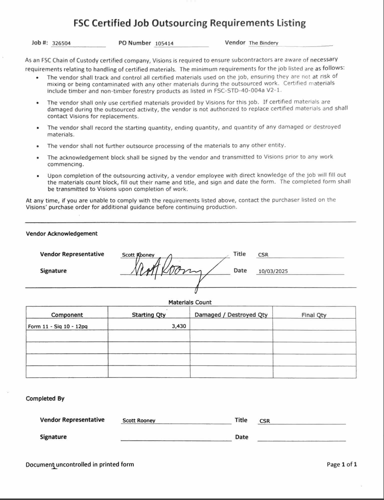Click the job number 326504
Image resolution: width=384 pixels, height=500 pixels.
click(x=61, y=43)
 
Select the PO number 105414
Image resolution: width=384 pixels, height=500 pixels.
click(x=164, y=43)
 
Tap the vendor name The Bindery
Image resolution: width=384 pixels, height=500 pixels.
click(x=263, y=43)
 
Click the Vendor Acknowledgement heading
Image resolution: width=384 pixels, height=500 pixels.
click(x=62, y=234)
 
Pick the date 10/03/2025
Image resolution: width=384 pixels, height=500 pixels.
click(x=273, y=271)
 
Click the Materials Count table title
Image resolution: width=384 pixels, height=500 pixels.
click(x=190, y=302)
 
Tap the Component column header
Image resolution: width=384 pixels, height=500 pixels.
click(x=67, y=315)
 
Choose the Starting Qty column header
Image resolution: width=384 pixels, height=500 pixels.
click(x=149, y=315)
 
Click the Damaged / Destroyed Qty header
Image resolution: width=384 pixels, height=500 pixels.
click(x=231, y=315)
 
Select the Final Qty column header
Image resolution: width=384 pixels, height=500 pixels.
click(x=314, y=315)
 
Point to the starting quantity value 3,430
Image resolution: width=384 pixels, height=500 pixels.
click(x=179, y=326)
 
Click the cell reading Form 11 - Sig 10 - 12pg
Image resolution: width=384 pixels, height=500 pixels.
click(x=58, y=326)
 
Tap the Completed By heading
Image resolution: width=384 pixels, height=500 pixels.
click(x=45, y=398)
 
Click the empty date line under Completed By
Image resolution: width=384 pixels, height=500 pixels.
click(x=301, y=438)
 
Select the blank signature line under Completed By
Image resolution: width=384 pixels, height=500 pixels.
click(x=176, y=438)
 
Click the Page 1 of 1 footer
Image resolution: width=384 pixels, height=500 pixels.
click(x=341, y=464)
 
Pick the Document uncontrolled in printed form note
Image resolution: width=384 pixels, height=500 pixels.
click(x=80, y=464)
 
